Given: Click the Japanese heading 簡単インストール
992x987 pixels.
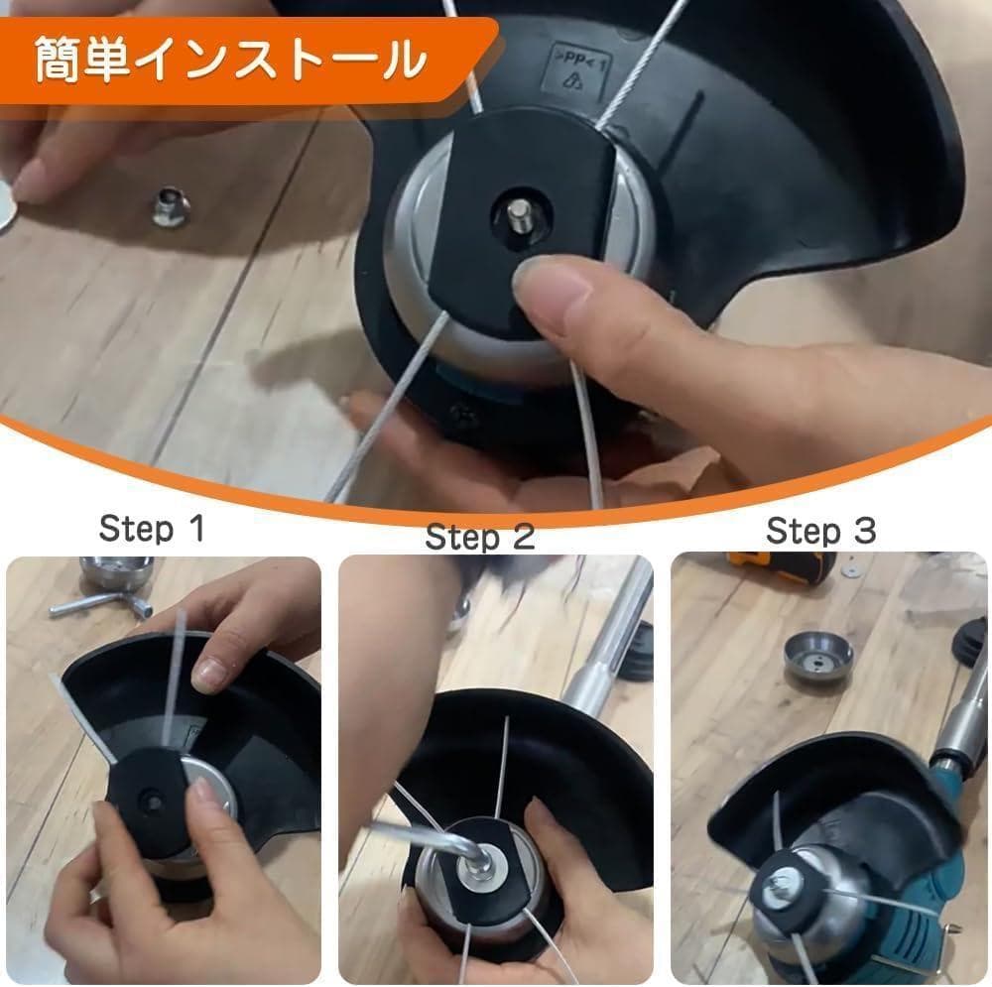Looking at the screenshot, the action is [x=230, y=61].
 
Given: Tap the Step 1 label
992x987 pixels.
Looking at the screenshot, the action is [x=152, y=529].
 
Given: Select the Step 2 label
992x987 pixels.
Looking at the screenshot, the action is [x=480, y=538].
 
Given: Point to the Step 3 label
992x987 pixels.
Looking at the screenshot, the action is [x=820, y=530].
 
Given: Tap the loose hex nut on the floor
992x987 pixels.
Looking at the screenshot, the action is [x=171, y=205].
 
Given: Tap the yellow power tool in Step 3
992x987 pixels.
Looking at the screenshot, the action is [x=782, y=567].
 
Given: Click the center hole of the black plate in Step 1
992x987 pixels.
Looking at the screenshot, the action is [x=152, y=802].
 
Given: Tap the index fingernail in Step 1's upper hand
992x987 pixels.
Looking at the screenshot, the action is [x=207, y=676].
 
